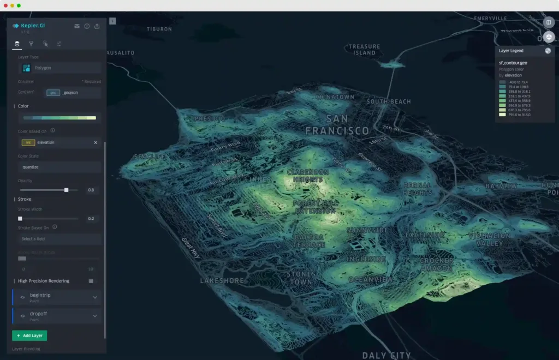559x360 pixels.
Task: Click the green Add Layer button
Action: pos(29,335)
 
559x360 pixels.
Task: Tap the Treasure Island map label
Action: pos(364,50)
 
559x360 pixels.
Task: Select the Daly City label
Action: pos(386,355)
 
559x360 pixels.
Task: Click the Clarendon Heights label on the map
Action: pos(308,176)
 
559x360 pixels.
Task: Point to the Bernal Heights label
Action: pos(418,189)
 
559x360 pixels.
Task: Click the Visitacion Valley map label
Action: pos(489,239)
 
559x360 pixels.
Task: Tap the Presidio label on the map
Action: pos(210,118)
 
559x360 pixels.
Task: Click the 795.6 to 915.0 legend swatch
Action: pos(502,115)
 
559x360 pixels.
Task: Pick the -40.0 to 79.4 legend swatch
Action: pos(502,81)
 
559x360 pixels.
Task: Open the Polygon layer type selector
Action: pos(60,68)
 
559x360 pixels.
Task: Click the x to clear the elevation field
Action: pos(96,142)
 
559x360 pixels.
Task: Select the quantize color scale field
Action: pos(60,167)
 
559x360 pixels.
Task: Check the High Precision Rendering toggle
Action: pos(91,281)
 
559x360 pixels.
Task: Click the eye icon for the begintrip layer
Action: pos(23,297)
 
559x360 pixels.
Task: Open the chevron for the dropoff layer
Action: pos(95,316)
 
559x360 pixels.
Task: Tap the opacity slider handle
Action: pos(67,190)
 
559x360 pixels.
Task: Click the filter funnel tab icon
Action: pos(31,44)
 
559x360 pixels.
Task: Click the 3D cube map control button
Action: pos(549,37)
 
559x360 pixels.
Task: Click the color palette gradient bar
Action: pos(60,118)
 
